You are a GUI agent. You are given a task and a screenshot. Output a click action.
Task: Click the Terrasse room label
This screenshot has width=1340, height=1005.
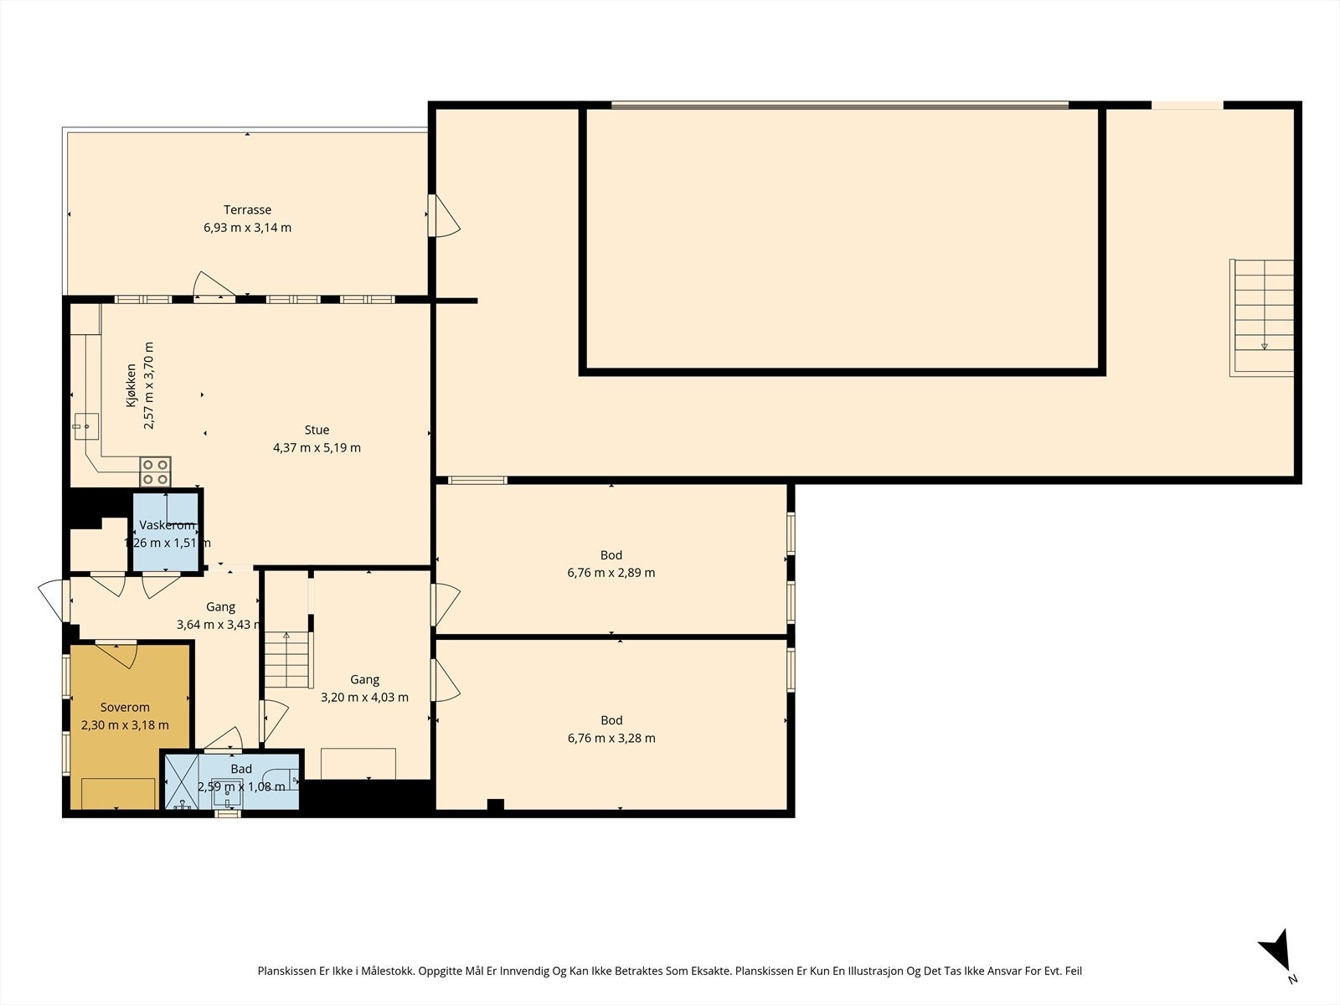(247, 210)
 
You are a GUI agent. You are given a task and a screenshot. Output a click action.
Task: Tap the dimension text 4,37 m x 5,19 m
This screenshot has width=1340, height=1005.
(317, 448)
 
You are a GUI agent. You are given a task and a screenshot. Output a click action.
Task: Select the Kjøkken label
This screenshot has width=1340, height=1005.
(131, 385)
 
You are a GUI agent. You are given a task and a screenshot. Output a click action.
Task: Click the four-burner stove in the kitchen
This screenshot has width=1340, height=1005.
(155, 472)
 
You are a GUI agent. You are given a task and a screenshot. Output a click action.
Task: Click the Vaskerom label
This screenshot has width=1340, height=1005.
(167, 525)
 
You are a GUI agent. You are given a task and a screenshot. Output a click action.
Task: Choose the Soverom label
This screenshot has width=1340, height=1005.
(125, 707)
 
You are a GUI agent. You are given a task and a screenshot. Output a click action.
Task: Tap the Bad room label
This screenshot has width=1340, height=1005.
(241, 769)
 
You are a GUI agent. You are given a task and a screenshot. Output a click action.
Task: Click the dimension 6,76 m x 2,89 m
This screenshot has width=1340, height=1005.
(611, 573)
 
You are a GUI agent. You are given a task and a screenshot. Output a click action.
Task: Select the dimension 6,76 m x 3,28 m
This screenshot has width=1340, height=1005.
(611, 739)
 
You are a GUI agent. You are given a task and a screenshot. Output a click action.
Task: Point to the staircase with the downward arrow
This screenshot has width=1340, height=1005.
(1262, 317)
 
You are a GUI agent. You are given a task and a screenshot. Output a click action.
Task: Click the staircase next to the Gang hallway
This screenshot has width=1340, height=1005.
(287, 660)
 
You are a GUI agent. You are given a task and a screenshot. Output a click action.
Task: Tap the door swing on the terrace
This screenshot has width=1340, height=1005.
(214, 286)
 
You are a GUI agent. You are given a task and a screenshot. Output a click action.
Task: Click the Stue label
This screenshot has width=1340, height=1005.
(317, 430)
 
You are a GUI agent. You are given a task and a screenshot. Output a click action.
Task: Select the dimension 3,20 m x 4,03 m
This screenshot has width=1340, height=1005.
(364, 698)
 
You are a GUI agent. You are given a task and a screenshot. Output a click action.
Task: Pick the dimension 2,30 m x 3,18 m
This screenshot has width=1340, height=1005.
(125, 725)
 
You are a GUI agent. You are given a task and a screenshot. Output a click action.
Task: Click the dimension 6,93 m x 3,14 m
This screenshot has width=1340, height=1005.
(247, 228)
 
